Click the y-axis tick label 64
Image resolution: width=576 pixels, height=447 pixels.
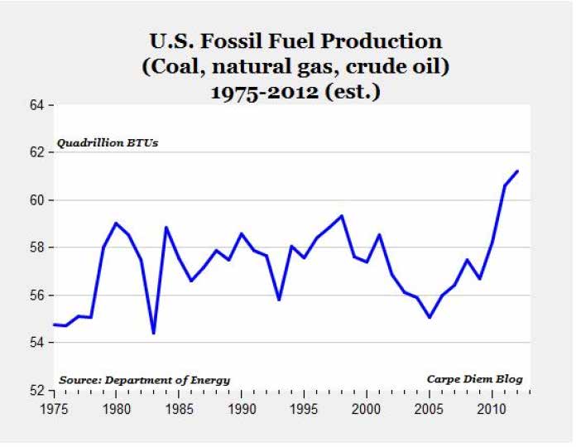(x=38, y=105)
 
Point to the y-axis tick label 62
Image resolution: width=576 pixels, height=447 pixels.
(x=38, y=152)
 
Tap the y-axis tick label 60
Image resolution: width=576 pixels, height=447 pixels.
(x=38, y=200)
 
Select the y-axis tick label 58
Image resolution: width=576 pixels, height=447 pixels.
(x=38, y=248)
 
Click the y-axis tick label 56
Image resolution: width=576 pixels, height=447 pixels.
(x=38, y=296)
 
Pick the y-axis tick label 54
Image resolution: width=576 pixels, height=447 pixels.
(x=38, y=343)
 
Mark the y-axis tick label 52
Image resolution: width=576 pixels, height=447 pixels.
(x=38, y=390)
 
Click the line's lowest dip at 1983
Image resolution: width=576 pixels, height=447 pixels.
(x=154, y=334)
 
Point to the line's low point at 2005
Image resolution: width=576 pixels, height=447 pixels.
(x=430, y=317)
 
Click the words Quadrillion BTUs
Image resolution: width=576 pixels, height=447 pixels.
(x=107, y=143)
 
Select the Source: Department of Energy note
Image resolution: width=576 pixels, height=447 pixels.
(x=144, y=380)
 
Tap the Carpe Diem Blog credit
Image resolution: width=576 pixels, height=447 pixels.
(x=474, y=379)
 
